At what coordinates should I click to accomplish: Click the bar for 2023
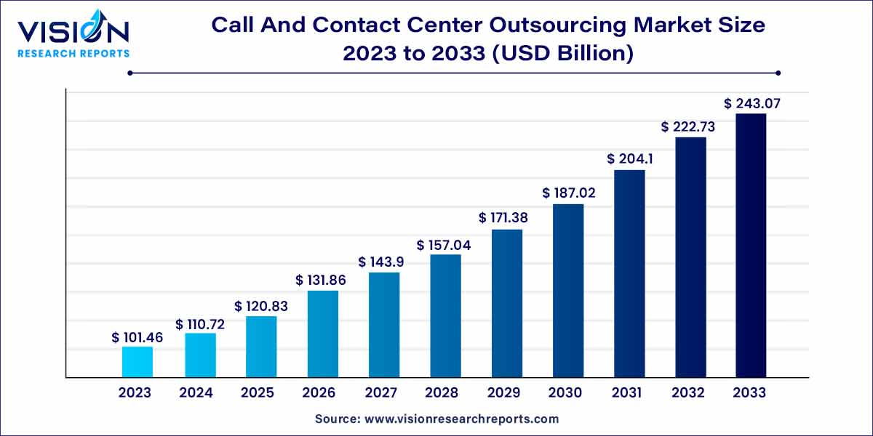tap(137, 362)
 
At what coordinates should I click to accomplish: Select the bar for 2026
tap(322, 334)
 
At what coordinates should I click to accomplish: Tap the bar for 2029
tap(507, 303)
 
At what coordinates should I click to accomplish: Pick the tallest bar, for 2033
tap(750, 246)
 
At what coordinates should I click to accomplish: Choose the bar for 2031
tap(629, 273)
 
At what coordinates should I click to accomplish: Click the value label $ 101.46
tap(137, 338)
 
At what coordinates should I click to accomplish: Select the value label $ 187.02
tap(568, 193)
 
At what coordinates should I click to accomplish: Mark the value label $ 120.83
tap(261, 307)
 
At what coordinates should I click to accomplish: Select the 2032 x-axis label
tap(688, 393)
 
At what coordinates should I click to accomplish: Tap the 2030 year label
tap(565, 393)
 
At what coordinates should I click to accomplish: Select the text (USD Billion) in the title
tap(564, 53)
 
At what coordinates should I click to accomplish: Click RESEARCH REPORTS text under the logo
tap(73, 53)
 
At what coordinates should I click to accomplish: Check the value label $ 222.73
tap(688, 126)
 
